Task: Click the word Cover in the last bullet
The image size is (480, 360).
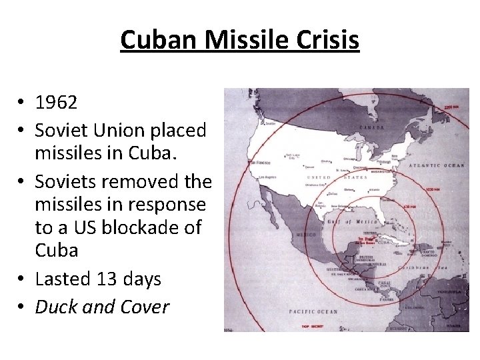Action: click(145, 307)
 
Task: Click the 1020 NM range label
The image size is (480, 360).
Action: click(433, 190)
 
